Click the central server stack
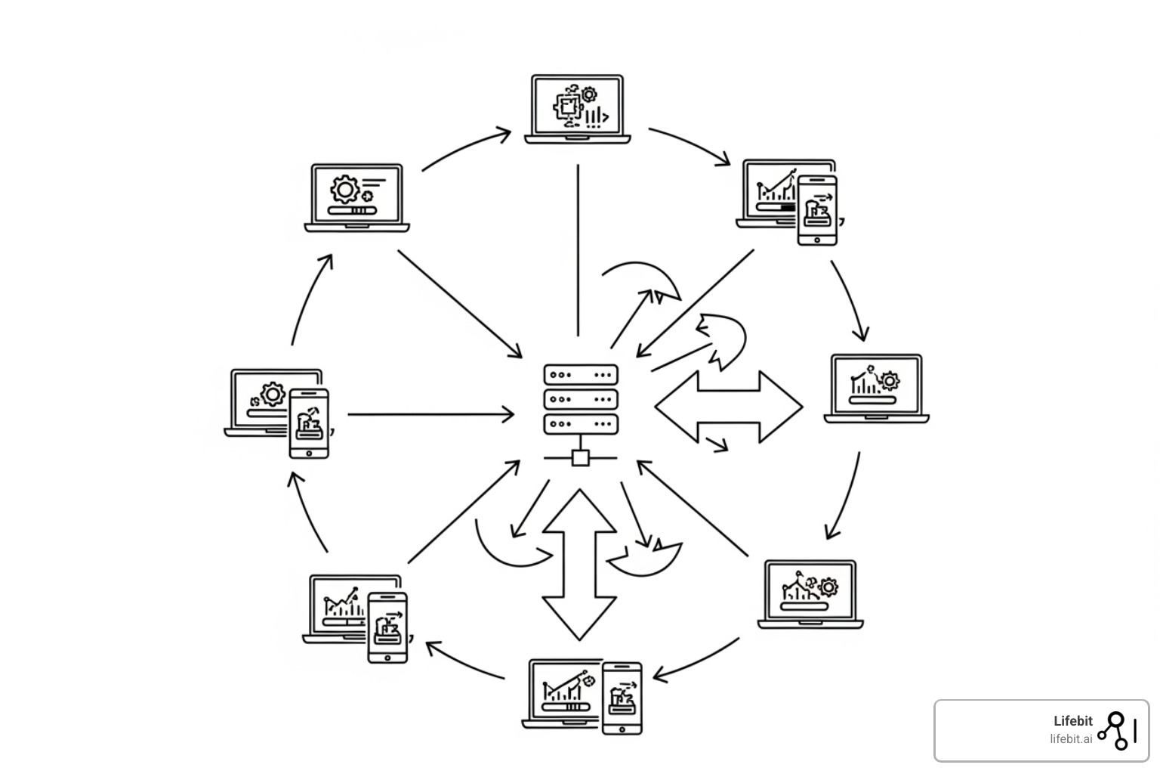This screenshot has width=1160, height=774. (580, 399)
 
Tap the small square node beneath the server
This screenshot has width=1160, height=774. (580, 458)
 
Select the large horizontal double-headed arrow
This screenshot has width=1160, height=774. (728, 407)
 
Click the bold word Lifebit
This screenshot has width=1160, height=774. (1072, 721)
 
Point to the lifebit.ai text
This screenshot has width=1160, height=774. (1070, 739)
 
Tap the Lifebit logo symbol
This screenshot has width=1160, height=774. (1117, 730)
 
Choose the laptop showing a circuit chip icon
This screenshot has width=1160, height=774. (578, 108)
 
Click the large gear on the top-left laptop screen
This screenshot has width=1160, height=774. (345, 188)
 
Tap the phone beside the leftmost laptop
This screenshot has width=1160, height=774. (309, 423)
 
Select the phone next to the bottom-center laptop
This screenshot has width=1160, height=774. (622, 698)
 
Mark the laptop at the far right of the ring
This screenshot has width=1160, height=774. (876, 388)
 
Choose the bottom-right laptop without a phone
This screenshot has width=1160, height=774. (810, 594)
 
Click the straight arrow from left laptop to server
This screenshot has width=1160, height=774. (430, 414)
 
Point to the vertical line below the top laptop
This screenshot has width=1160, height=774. (578, 249)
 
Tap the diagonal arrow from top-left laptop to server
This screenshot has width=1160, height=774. (459, 303)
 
